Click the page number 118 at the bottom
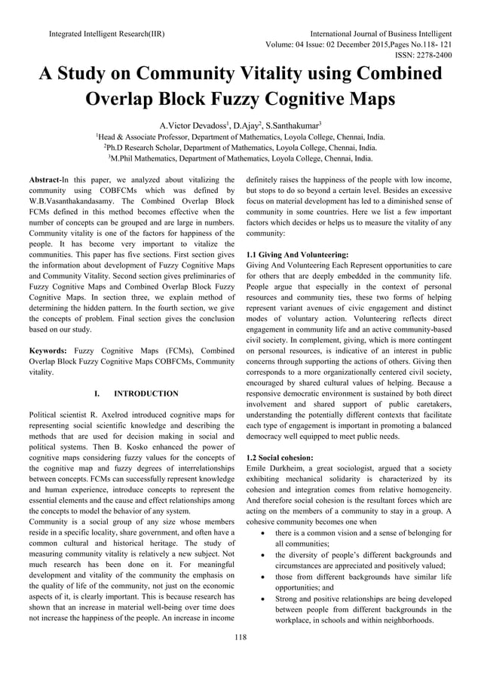240,638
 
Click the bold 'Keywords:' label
50,351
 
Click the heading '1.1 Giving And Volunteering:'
297,255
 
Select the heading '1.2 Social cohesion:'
280,458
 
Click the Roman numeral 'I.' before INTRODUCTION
97,394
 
